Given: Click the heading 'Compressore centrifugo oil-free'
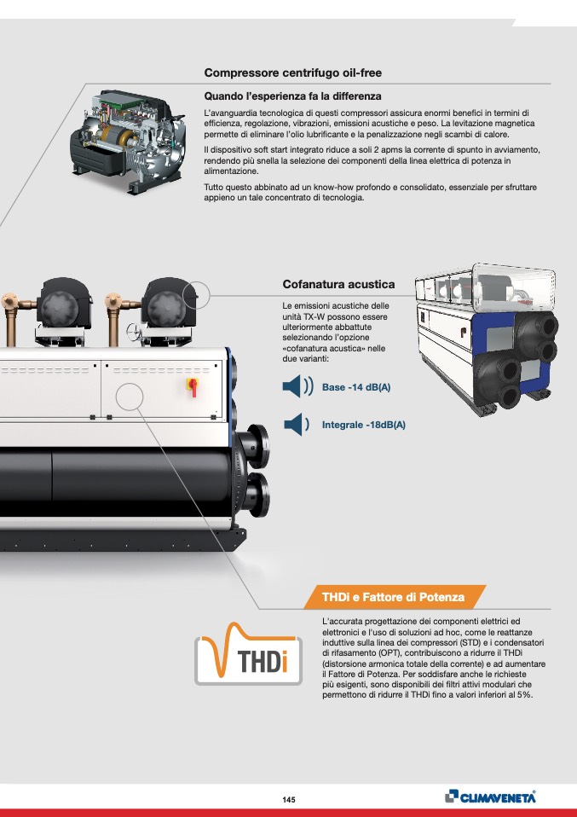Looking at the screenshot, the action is point(292,73).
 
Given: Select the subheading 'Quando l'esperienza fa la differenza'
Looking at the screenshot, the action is point(292,96).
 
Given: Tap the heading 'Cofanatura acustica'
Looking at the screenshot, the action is point(338,285).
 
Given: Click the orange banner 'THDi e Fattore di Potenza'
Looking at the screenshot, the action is point(393,597).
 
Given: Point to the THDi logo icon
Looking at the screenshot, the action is point(248,654).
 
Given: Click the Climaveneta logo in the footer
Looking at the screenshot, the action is point(491,797).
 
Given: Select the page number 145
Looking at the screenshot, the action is point(289,799).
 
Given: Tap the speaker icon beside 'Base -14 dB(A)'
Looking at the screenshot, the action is point(297,386).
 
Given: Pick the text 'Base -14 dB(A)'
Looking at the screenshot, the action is point(356,387).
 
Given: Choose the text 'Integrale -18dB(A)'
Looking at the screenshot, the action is point(363,425).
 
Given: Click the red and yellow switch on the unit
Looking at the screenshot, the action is point(193,386).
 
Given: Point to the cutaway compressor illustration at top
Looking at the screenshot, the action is point(128,142).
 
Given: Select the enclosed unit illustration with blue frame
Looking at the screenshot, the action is point(487,340).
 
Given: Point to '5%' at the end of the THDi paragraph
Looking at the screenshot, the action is point(524,694).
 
